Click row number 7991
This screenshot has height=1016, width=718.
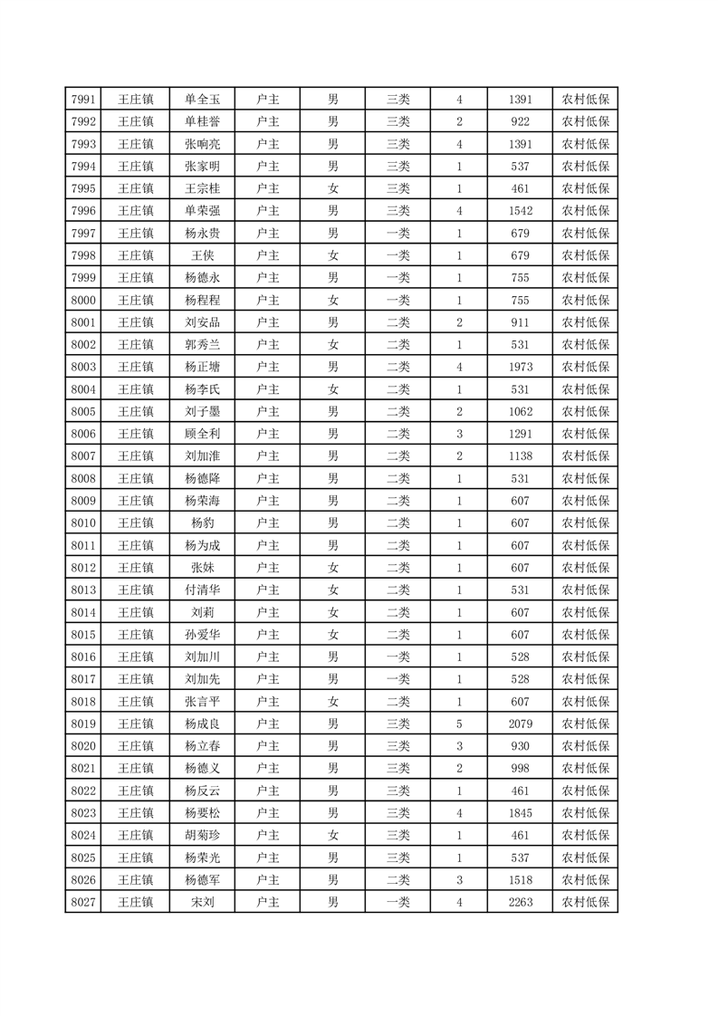click(x=82, y=100)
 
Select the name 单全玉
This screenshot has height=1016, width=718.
click(x=202, y=100)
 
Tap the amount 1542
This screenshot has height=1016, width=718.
click(x=521, y=210)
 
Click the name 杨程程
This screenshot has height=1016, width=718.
click(x=202, y=300)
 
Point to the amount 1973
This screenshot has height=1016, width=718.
click(x=521, y=367)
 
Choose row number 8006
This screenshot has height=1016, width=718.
click(x=82, y=434)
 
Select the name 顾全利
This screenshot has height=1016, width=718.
click(x=202, y=434)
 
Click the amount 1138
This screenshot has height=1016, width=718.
click(x=521, y=456)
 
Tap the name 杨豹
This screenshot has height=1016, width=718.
click(x=202, y=522)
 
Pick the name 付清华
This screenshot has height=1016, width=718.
click(x=202, y=589)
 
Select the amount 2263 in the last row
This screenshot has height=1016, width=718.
click(x=521, y=902)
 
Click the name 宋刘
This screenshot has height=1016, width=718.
click(x=202, y=902)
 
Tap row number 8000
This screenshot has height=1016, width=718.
click(x=82, y=300)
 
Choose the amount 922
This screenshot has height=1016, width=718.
click(x=521, y=121)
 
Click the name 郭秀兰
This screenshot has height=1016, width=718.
click(x=202, y=344)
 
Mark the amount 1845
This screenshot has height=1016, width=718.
click(x=521, y=812)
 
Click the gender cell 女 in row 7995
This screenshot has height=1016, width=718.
click(x=333, y=188)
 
